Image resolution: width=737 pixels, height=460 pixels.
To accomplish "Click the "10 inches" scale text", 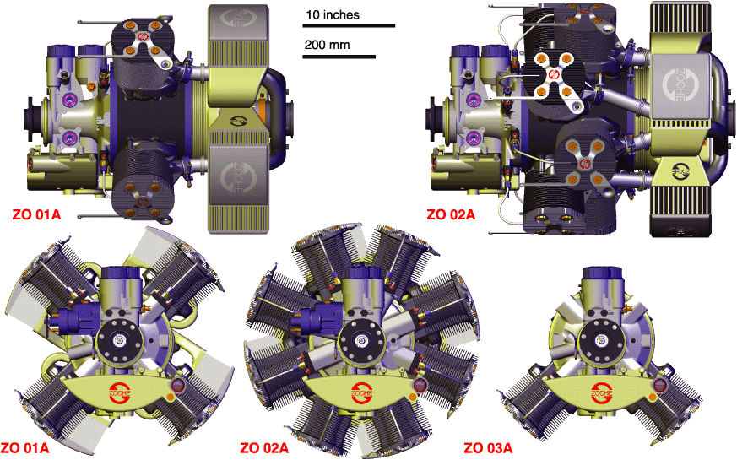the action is click(333, 15).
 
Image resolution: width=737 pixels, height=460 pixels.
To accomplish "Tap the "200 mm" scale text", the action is click(327, 45).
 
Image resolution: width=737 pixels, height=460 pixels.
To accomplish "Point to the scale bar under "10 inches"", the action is click(349, 26).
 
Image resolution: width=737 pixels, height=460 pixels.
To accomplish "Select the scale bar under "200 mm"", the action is click(339, 57).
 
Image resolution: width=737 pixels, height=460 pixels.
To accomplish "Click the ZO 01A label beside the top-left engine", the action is click(36, 215).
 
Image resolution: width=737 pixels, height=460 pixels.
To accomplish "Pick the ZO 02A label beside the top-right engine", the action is click(451, 215).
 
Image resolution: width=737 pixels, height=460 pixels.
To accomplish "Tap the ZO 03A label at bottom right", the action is click(488, 448).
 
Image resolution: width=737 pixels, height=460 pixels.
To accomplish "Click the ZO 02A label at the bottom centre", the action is click(264, 448).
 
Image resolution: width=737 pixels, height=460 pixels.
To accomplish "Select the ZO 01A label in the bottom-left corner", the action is click(24, 448).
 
